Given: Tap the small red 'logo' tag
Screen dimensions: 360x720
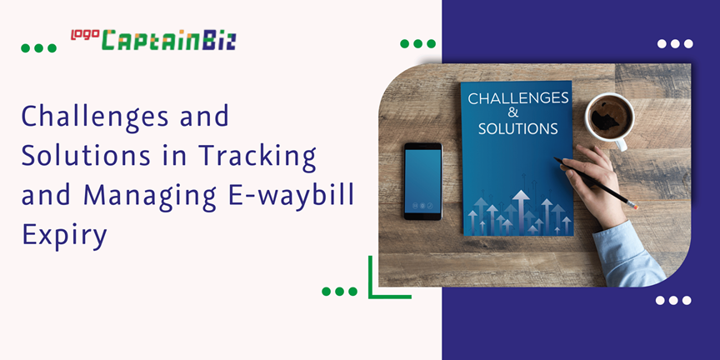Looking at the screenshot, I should click(84, 34).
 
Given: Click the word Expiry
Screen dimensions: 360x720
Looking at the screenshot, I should click(64, 234).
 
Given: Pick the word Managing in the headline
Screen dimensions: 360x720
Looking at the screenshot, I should click(157, 195).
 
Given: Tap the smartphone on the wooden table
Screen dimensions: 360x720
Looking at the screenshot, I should click(422, 181).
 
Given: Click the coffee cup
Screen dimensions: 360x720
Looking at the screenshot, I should click(607, 117).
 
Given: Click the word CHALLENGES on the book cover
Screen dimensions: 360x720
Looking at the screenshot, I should click(517, 98).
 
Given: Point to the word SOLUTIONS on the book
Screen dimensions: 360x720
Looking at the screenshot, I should click(517, 129).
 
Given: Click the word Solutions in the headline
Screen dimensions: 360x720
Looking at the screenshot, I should click(78, 155).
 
